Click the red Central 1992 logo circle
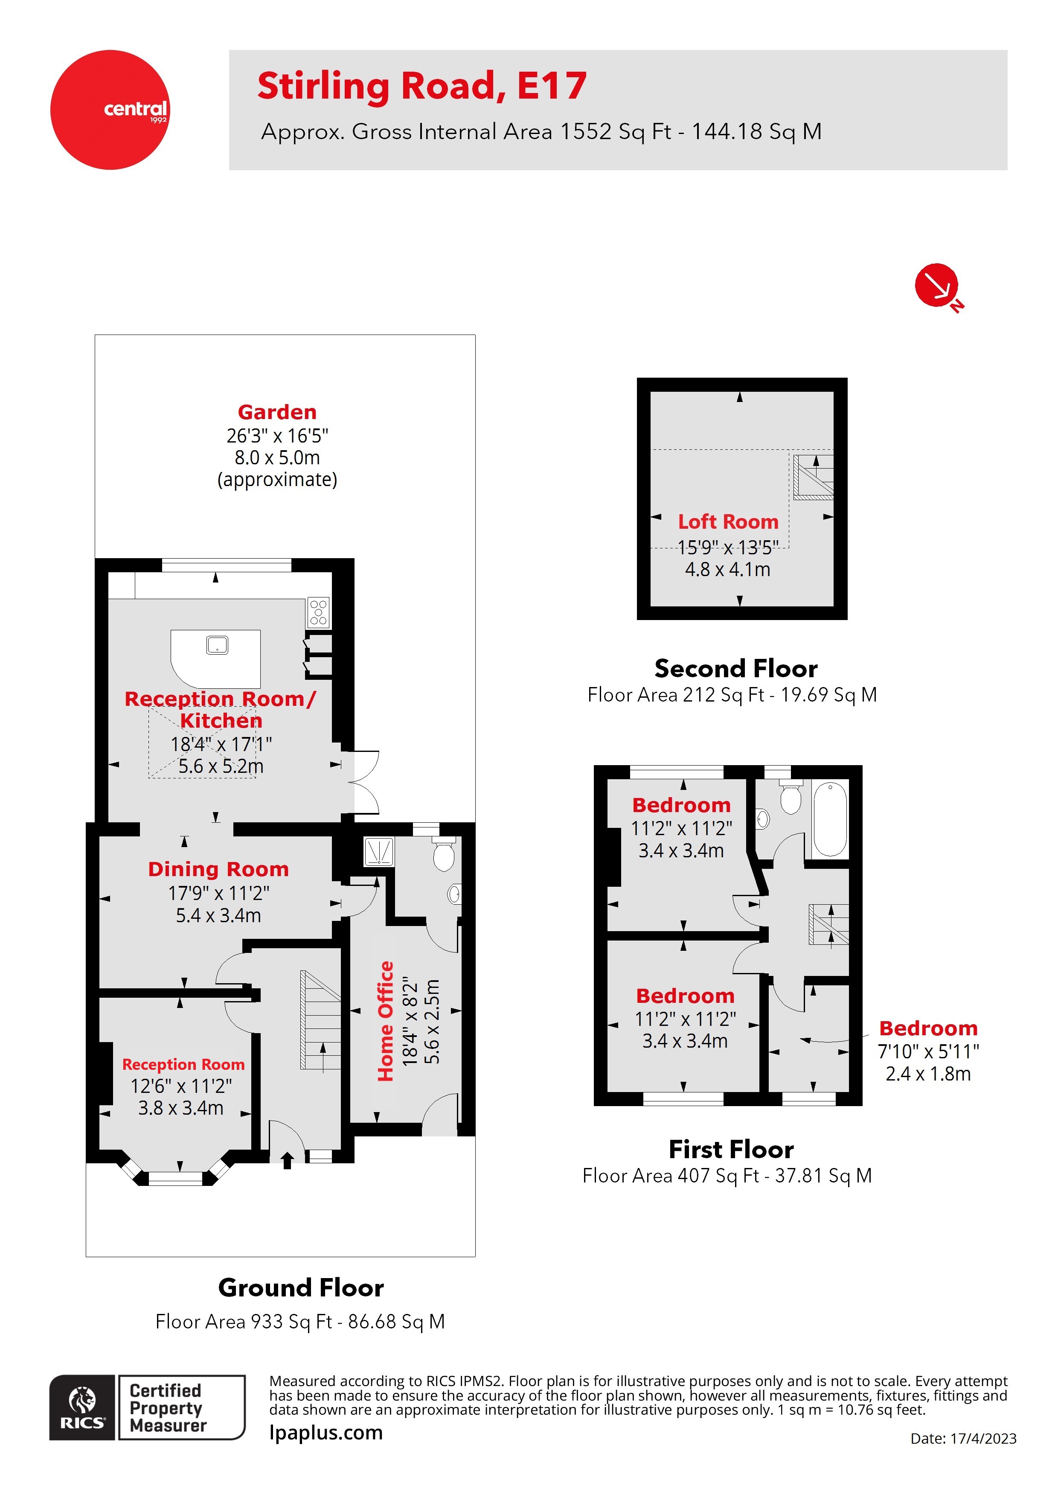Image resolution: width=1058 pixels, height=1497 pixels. click(110, 110)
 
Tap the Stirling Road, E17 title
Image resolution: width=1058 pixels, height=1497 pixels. click(422, 87)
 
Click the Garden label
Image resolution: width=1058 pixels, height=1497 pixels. click(277, 412)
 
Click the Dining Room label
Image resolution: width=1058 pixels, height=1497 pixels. click(218, 869)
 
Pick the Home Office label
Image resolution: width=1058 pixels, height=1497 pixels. click(386, 1021)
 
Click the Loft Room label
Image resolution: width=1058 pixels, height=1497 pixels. click(728, 521)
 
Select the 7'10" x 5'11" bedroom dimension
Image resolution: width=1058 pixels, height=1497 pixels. click(928, 1051)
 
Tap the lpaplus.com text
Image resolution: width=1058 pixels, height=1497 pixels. click(326, 1433)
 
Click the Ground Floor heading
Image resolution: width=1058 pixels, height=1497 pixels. click(301, 1288)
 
